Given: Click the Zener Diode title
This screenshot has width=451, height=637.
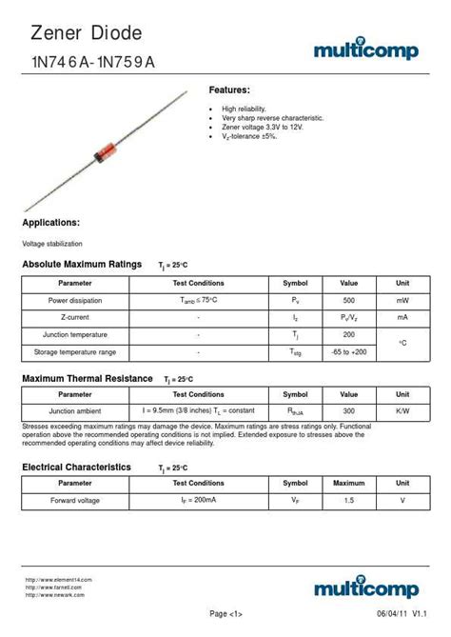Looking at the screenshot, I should pos(86,34).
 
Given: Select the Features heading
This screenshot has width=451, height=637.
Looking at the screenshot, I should pos(229,90).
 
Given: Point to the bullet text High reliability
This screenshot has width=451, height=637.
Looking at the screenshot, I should pos(245,109).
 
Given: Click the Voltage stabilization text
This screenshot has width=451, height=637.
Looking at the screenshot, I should pos(52,244).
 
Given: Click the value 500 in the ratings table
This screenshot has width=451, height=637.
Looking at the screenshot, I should pos(349,300).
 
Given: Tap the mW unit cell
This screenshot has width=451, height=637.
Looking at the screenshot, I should pos(402,300).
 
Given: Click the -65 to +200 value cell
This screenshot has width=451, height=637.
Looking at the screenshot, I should pos(349,352).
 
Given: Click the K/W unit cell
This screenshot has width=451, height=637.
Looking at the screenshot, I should pos(402,410).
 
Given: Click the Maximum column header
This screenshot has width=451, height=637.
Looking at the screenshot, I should pos(349,483).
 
